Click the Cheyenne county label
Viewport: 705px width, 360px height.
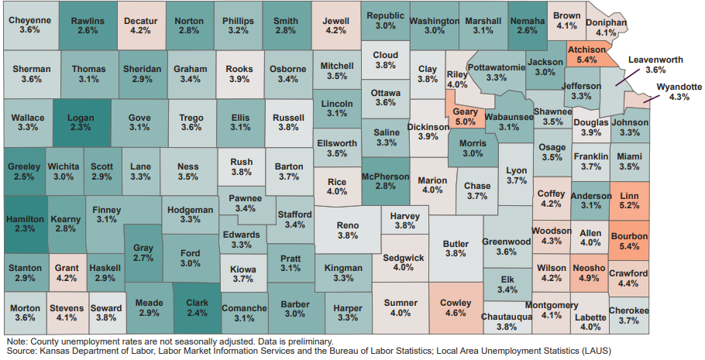(29, 19)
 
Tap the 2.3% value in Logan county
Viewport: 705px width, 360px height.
(81, 127)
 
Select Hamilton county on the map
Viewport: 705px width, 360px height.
(23, 219)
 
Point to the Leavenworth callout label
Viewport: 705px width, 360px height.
(655, 59)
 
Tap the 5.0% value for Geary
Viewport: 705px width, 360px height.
(466, 122)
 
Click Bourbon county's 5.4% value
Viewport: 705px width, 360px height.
(630, 246)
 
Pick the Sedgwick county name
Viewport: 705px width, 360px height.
(404, 256)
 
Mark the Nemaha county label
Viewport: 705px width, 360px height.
(526, 19)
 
